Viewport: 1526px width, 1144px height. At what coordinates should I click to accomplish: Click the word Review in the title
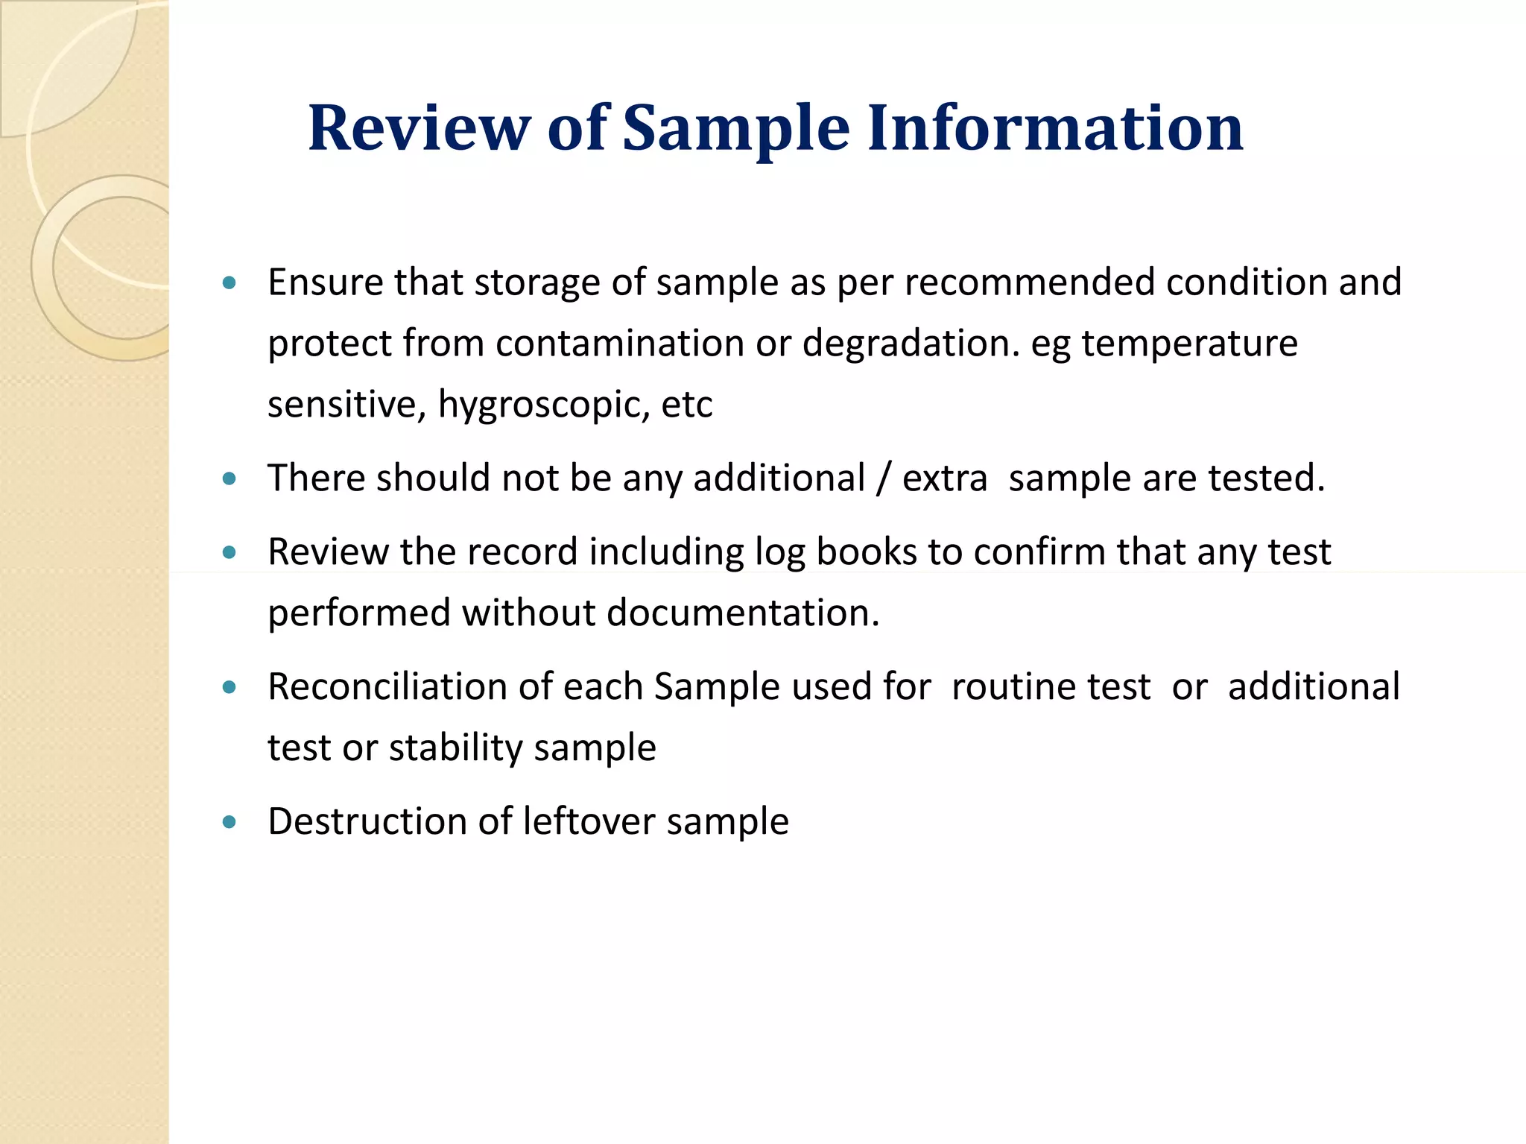click(x=419, y=128)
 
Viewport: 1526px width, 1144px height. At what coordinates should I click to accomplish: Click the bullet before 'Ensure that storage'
click(x=229, y=283)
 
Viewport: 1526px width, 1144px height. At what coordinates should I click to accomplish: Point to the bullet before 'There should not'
click(x=229, y=478)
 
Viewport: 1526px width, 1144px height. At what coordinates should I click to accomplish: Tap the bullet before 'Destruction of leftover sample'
click(x=229, y=822)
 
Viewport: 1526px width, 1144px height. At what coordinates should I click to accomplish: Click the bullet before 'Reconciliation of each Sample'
click(x=229, y=687)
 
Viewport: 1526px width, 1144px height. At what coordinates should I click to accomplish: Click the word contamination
click(x=620, y=344)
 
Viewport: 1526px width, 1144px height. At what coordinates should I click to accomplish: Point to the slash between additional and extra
click(x=884, y=478)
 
